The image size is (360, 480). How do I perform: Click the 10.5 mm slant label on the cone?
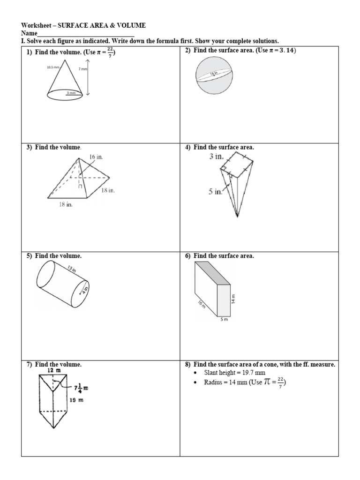pos(53,67)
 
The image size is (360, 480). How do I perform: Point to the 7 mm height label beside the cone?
pos(82,69)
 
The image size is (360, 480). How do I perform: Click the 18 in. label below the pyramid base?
pos(66,204)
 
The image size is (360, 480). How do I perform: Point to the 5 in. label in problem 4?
pos(216,192)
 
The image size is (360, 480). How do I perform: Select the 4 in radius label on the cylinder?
pos(86,289)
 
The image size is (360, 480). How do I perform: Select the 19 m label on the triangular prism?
pos(75,400)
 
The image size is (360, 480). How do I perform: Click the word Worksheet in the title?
pos(36,25)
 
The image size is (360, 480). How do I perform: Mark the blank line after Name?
pos(85,33)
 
